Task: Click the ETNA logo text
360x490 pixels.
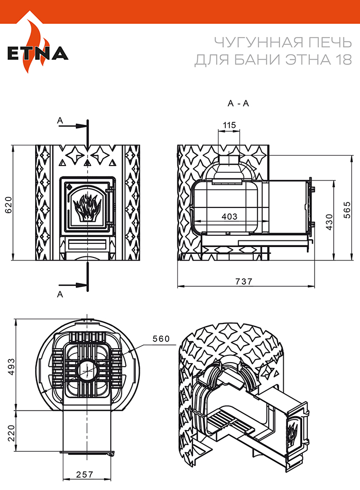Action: pos(38,53)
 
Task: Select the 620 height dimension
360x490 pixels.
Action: pos(8,205)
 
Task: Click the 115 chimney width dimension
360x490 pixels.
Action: pos(229,125)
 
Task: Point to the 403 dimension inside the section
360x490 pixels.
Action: pos(230,216)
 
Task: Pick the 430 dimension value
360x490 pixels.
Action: pos(329,222)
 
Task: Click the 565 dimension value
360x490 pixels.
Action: pos(347,210)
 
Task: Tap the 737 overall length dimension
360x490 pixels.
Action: pos(243,281)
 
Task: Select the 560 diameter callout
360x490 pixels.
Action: pos(161,338)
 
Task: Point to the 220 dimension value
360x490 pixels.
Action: pos(11,433)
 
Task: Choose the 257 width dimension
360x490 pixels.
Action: pos(85,475)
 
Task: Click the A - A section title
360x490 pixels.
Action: pos(238,103)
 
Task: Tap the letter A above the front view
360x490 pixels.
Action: pos(60,121)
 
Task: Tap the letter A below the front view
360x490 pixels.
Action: pos(60,294)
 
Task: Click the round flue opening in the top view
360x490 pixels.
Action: pos(87,370)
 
